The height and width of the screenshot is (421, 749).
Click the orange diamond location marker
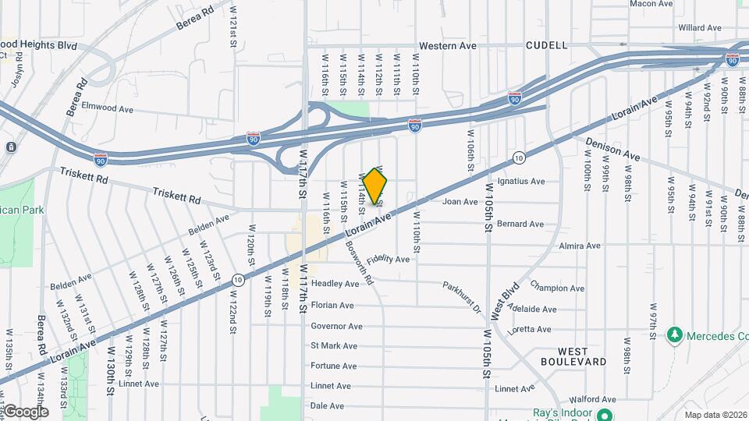(375, 187)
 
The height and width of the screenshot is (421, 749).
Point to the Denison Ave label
(612, 147)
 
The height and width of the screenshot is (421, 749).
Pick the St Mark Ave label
(334, 346)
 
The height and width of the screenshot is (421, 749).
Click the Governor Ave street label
(336, 327)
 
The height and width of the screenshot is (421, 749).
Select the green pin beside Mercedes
(675, 335)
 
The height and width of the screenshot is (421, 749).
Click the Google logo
(25, 411)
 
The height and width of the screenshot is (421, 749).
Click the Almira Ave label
(580, 246)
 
